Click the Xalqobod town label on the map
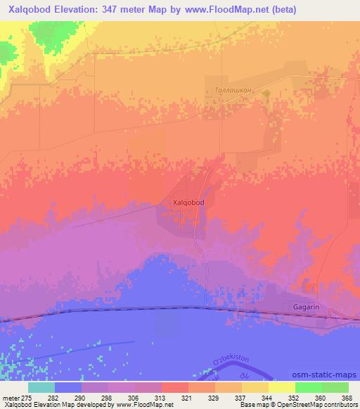pos(188,202)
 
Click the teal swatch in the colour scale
pos(41,387)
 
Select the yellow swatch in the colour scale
pos(282,387)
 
